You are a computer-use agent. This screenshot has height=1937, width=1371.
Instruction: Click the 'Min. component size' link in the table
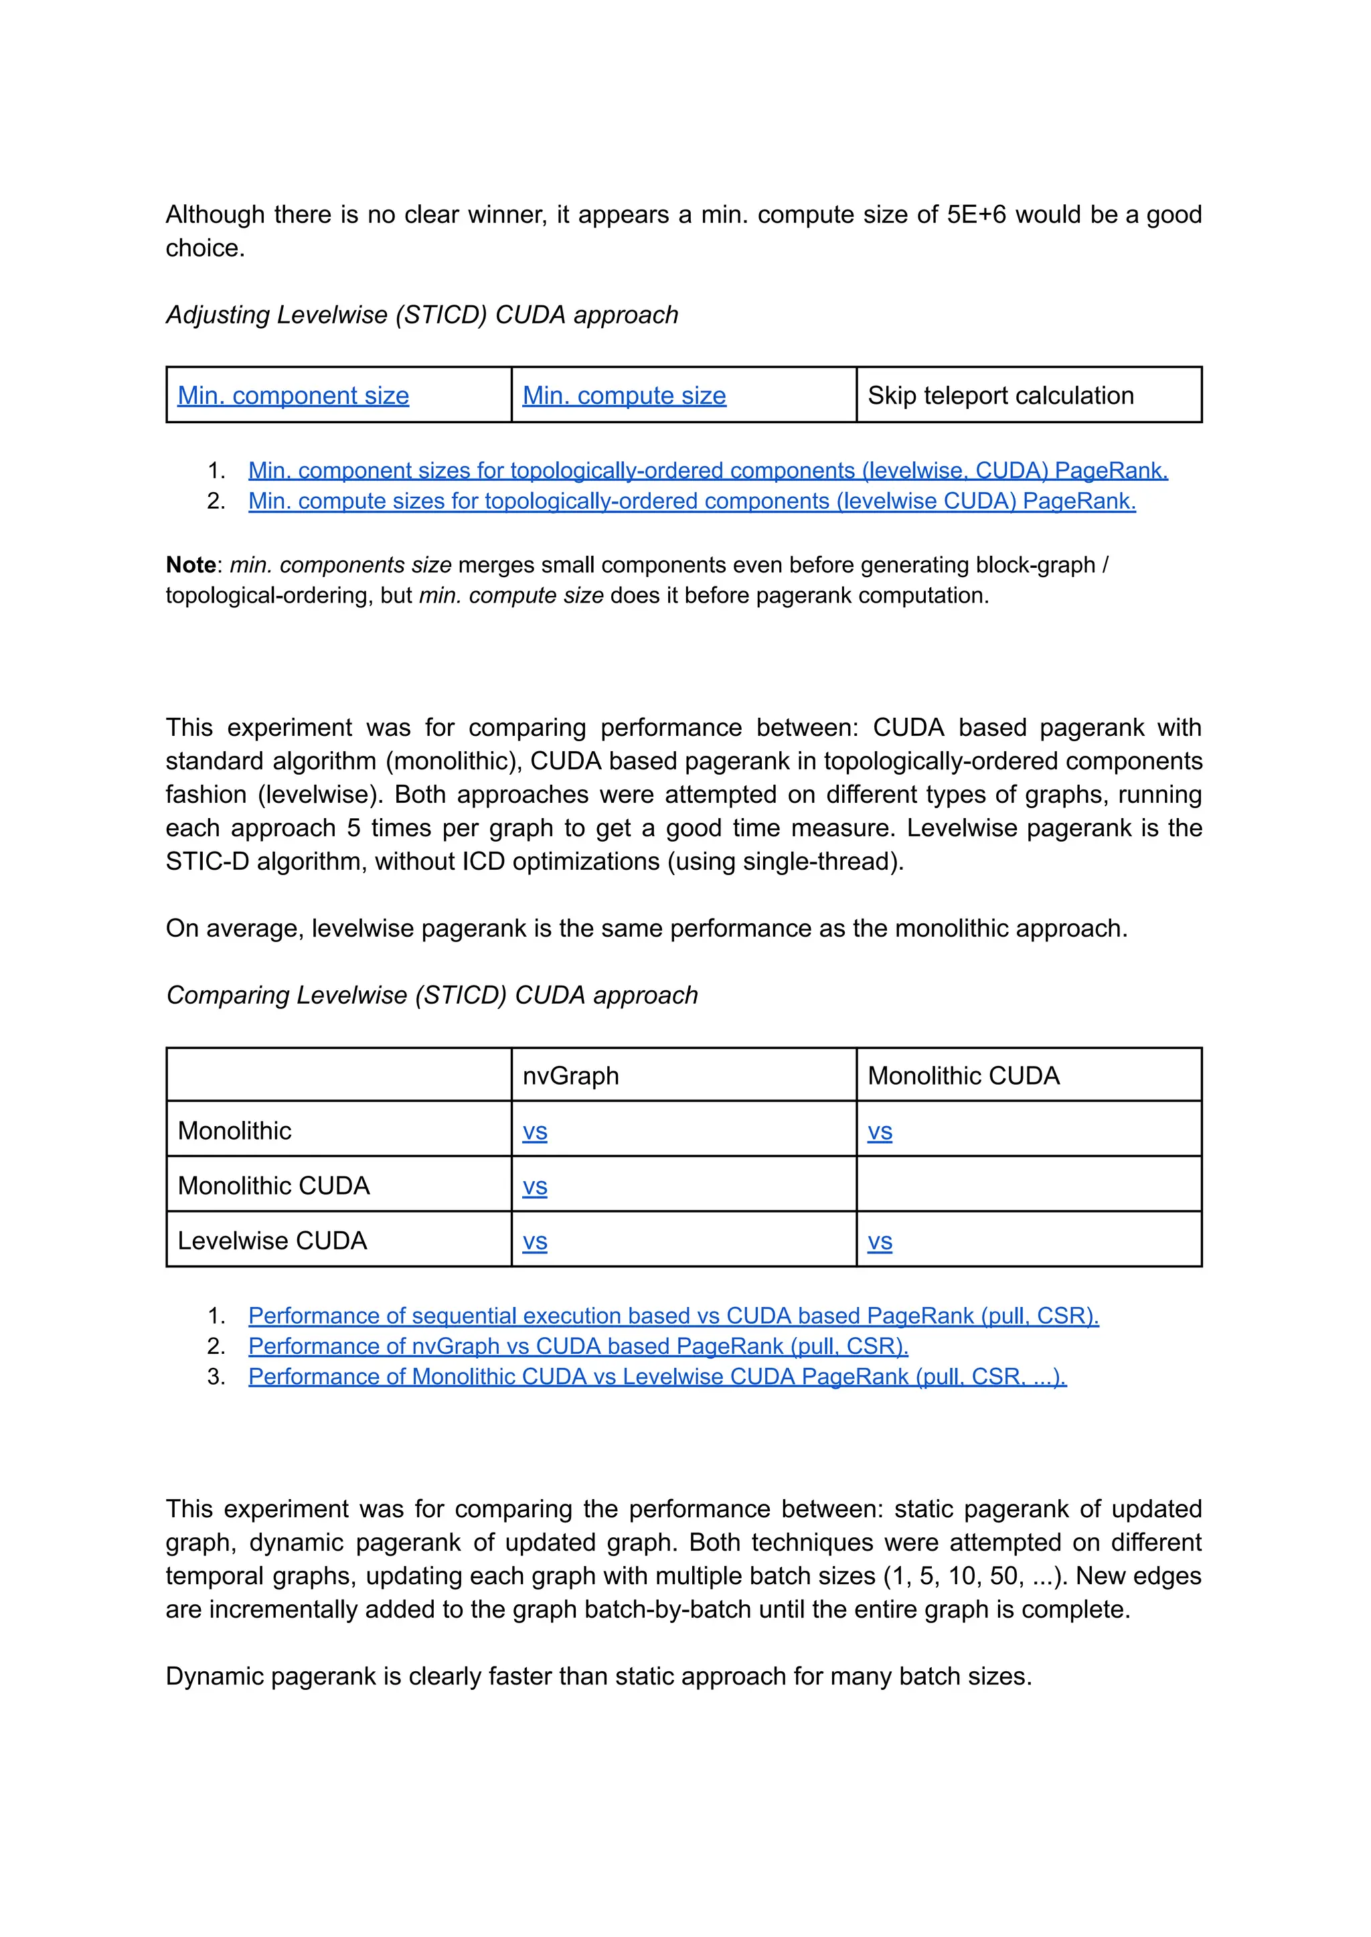click(293, 395)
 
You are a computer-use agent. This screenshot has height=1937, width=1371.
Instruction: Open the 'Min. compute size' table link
click(624, 395)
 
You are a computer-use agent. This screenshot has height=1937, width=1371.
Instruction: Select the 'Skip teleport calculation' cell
click(1000, 395)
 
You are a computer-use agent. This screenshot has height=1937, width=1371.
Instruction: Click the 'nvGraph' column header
click(570, 1076)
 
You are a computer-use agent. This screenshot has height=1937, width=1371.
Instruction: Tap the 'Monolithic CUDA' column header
click(963, 1076)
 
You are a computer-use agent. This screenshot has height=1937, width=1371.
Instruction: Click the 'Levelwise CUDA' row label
click(272, 1241)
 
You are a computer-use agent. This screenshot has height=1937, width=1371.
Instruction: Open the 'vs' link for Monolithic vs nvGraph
click(534, 1132)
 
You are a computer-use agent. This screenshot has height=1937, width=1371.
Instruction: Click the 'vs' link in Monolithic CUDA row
click(534, 1186)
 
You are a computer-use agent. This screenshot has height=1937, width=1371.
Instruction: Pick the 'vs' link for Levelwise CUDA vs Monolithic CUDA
click(880, 1241)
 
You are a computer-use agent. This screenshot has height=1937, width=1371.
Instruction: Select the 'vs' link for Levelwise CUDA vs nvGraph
click(534, 1241)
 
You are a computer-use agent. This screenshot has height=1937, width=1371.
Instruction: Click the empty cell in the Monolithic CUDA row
click(1028, 1184)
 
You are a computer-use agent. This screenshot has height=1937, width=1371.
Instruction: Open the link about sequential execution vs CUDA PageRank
click(673, 1316)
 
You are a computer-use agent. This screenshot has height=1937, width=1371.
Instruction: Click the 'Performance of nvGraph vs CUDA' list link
click(578, 1346)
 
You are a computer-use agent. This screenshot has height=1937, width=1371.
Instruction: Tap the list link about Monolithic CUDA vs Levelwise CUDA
click(657, 1377)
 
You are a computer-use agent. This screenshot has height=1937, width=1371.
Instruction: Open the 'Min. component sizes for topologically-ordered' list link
click(708, 470)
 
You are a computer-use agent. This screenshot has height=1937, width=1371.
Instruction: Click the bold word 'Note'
click(191, 565)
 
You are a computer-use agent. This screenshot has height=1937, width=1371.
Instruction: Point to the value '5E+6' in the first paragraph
click(977, 214)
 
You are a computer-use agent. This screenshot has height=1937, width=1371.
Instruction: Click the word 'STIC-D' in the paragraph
click(208, 861)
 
